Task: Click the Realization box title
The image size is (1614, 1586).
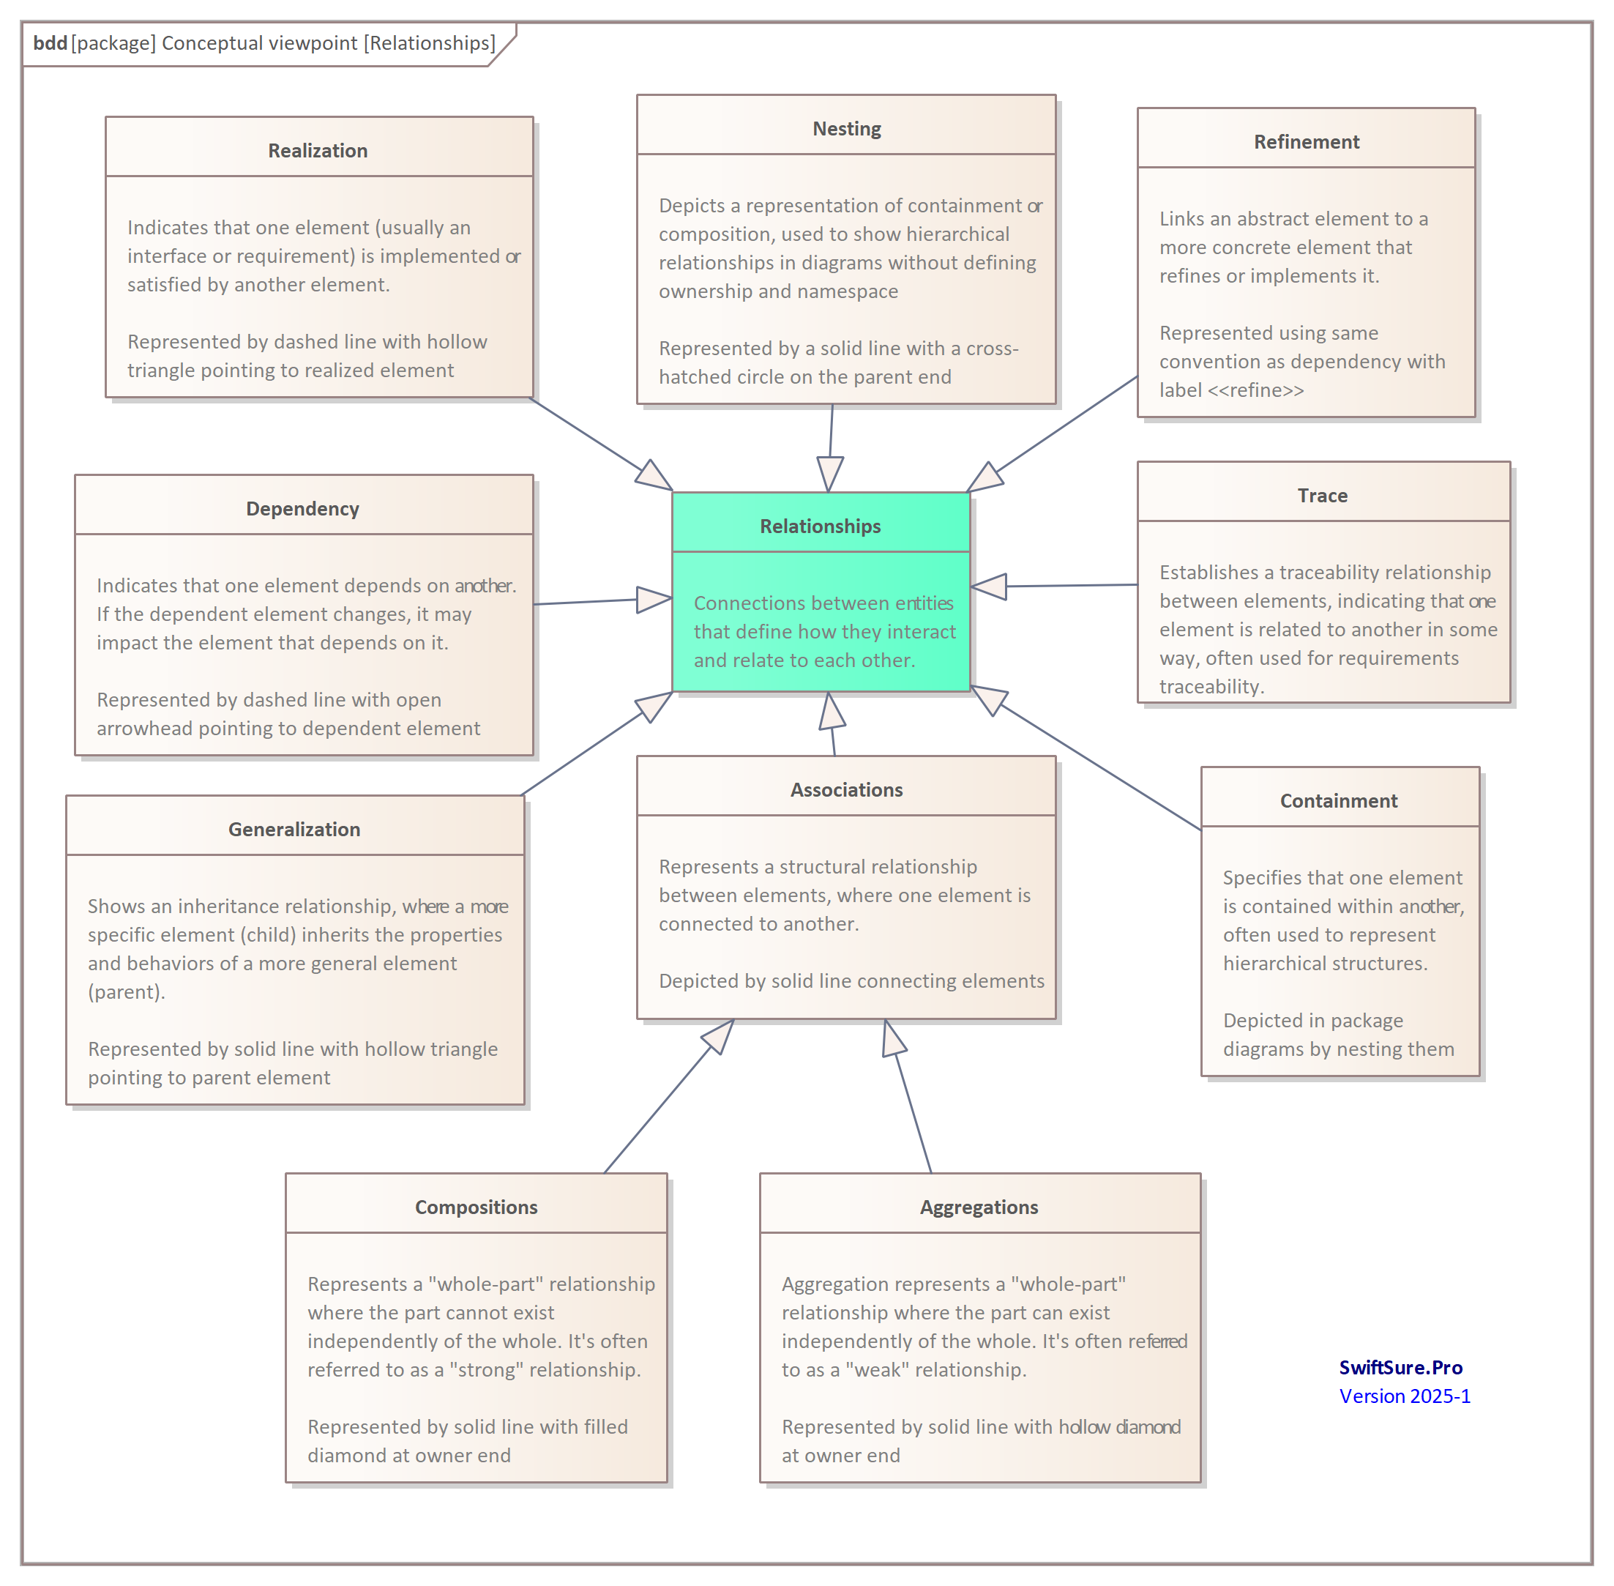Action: (317, 151)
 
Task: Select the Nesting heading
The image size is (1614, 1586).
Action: (846, 129)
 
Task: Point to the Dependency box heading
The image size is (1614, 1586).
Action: (302, 509)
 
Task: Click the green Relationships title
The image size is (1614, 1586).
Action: (820, 526)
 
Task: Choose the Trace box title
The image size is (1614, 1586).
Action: (1322, 496)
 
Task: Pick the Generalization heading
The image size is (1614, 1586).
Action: (294, 830)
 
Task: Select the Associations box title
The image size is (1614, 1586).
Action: (846, 789)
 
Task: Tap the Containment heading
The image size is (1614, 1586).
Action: (1338, 800)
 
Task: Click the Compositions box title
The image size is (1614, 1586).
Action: (476, 1207)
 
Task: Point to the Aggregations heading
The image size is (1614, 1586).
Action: (979, 1207)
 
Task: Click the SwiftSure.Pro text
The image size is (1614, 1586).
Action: (1400, 1368)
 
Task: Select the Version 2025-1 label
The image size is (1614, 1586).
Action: (1404, 1396)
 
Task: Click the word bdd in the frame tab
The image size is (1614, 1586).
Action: (50, 42)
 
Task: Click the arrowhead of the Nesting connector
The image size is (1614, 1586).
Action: (829, 474)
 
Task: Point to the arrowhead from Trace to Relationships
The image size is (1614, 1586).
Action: (989, 587)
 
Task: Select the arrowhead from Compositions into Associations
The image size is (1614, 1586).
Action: (719, 1035)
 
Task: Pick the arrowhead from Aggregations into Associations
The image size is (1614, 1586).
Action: (893, 1038)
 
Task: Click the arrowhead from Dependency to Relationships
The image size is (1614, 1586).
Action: (654, 599)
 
